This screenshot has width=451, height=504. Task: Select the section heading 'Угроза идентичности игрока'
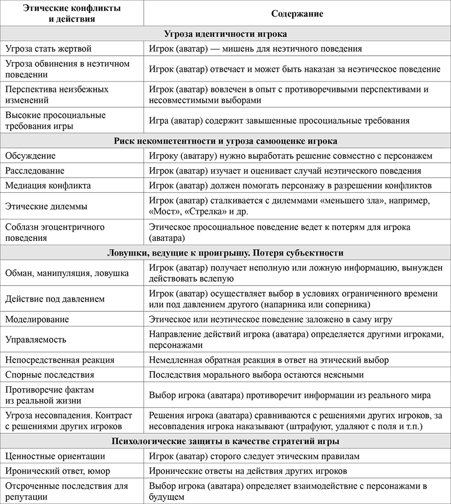tap(225, 34)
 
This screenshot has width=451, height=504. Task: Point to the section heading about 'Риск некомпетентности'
tap(225, 141)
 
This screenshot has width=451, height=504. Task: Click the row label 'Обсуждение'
tap(31, 156)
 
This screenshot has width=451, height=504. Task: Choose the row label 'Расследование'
tap(35, 171)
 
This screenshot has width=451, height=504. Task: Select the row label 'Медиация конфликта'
tap(48, 186)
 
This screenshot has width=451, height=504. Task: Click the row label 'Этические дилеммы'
tap(46, 206)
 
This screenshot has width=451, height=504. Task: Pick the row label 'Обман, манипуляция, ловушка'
tap(67, 273)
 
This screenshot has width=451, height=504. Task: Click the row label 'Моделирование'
tap(37, 320)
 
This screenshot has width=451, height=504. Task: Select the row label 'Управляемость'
tap(36, 340)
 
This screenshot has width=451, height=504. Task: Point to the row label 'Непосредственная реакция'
tap(60, 360)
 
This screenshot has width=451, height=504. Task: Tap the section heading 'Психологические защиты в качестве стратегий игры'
tap(225, 441)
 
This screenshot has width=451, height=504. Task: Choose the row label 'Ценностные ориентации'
tap(55, 456)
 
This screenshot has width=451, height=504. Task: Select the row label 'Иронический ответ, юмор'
tap(58, 471)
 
